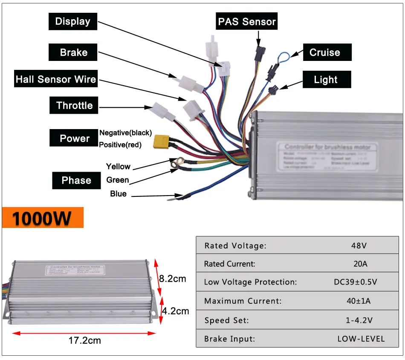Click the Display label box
[73, 21]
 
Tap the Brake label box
[73, 52]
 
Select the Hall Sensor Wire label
[56, 79]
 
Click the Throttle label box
[74, 106]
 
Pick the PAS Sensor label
[247, 21]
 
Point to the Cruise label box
[324, 52]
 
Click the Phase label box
[76, 180]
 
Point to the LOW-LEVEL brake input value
[361, 339]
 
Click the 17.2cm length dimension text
[85, 340]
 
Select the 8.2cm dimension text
[173, 279]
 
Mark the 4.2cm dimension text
[175, 311]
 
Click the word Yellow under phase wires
[118, 167]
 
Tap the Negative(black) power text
[125, 133]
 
